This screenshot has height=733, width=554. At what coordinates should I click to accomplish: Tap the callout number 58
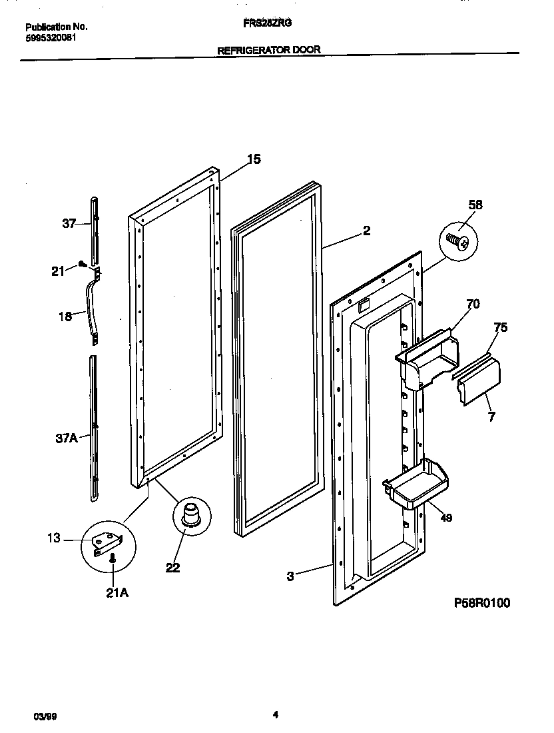(475, 205)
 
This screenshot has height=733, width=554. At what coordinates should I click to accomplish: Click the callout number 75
(501, 327)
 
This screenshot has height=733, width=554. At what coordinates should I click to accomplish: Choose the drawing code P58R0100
(482, 602)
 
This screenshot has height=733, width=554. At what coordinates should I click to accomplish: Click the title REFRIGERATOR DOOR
(269, 50)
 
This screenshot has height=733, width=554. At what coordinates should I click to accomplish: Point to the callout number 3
(290, 576)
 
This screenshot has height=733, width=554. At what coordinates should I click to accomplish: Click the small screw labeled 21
(82, 264)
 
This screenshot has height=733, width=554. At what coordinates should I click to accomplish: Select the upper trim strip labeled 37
(95, 230)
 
